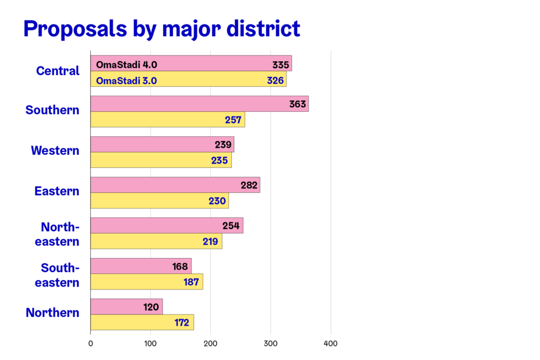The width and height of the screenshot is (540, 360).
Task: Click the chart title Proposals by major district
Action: tap(161, 29)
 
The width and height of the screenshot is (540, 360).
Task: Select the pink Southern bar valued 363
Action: tap(199, 104)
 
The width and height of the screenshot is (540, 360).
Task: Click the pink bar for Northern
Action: tap(126, 306)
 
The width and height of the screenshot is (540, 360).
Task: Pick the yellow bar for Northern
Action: tap(142, 322)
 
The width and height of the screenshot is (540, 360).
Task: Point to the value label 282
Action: tap(249, 185)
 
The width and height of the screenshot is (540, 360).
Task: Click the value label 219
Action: tap(210, 241)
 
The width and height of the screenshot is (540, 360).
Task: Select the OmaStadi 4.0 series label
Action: tap(126, 64)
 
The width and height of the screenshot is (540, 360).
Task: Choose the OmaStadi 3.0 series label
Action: tap(126, 80)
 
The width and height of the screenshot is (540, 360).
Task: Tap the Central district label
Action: tap(58, 71)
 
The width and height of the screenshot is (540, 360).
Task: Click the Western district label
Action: tap(55, 151)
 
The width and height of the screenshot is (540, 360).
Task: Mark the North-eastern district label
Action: tap(57, 234)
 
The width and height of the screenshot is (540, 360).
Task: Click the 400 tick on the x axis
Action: tap(331, 344)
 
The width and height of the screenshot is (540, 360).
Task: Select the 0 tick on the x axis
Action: tap(91, 344)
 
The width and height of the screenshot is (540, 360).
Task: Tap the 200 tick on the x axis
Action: tap(211, 344)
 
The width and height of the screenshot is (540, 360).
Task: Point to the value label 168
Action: tap(181, 266)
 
